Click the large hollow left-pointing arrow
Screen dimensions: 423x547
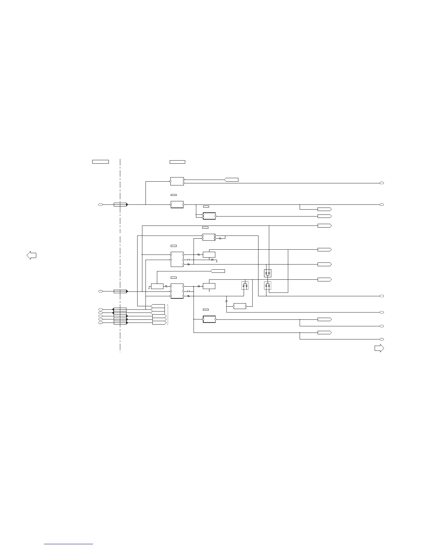[x=31, y=256]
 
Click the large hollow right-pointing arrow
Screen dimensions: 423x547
[x=379, y=348]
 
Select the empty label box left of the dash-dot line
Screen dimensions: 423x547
[x=101, y=162]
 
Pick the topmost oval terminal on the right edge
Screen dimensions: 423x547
[x=382, y=183]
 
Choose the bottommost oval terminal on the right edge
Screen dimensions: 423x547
[x=382, y=339]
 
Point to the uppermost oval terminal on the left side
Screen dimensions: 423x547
[x=101, y=205]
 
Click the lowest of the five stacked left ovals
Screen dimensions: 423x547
[x=101, y=323]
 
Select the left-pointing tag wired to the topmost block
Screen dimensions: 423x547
[x=232, y=180]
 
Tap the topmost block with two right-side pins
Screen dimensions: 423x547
[x=177, y=181]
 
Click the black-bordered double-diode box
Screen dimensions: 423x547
[x=267, y=273]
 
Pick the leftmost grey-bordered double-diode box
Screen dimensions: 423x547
[x=245, y=286]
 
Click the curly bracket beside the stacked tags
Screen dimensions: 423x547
[x=168, y=315]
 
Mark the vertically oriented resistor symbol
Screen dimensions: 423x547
[x=226, y=301]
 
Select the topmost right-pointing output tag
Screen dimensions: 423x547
[x=325, y=209]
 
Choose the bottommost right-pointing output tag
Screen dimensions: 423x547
[x=325, y=333]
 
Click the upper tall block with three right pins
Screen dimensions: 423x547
[x=177, y=259]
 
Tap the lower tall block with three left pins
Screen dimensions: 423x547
[x=177, y=291]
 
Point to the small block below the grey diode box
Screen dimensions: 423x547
[x=240, y=306]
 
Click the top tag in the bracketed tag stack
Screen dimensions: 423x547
[x=158, y=306]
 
